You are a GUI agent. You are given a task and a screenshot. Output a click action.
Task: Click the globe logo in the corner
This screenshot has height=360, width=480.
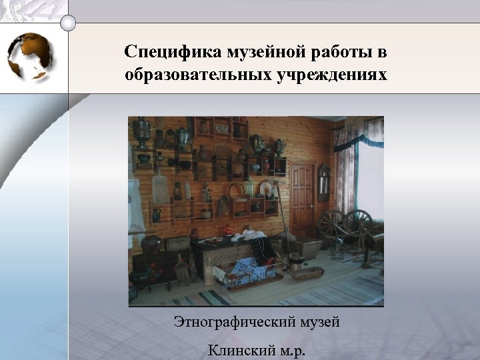click(31, 57)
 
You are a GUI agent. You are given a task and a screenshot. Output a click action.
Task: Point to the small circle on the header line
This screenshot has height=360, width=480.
click(68, 23)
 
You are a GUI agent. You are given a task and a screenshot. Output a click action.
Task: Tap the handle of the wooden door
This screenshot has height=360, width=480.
click(311, 203)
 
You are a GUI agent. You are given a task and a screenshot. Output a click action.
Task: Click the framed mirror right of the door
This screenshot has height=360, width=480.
click(324, 181)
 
